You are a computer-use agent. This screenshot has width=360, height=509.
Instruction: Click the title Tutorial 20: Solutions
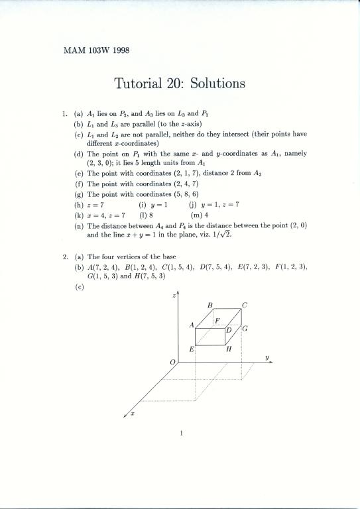180,84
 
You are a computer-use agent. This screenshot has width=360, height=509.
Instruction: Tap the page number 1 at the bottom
180,434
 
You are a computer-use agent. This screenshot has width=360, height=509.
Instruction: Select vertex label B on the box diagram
210,305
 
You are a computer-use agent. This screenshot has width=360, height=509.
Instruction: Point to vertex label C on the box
245,305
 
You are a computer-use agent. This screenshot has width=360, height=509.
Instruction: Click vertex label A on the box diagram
192,325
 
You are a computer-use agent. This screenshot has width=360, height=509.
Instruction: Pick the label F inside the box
217,321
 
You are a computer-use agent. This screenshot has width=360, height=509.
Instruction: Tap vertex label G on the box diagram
245,329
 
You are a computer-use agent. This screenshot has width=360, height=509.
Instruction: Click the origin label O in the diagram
173,362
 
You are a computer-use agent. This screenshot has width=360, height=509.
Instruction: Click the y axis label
267,357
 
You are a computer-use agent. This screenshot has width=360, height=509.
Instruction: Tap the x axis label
133,413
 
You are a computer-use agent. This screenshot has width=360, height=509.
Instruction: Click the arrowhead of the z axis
178,292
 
